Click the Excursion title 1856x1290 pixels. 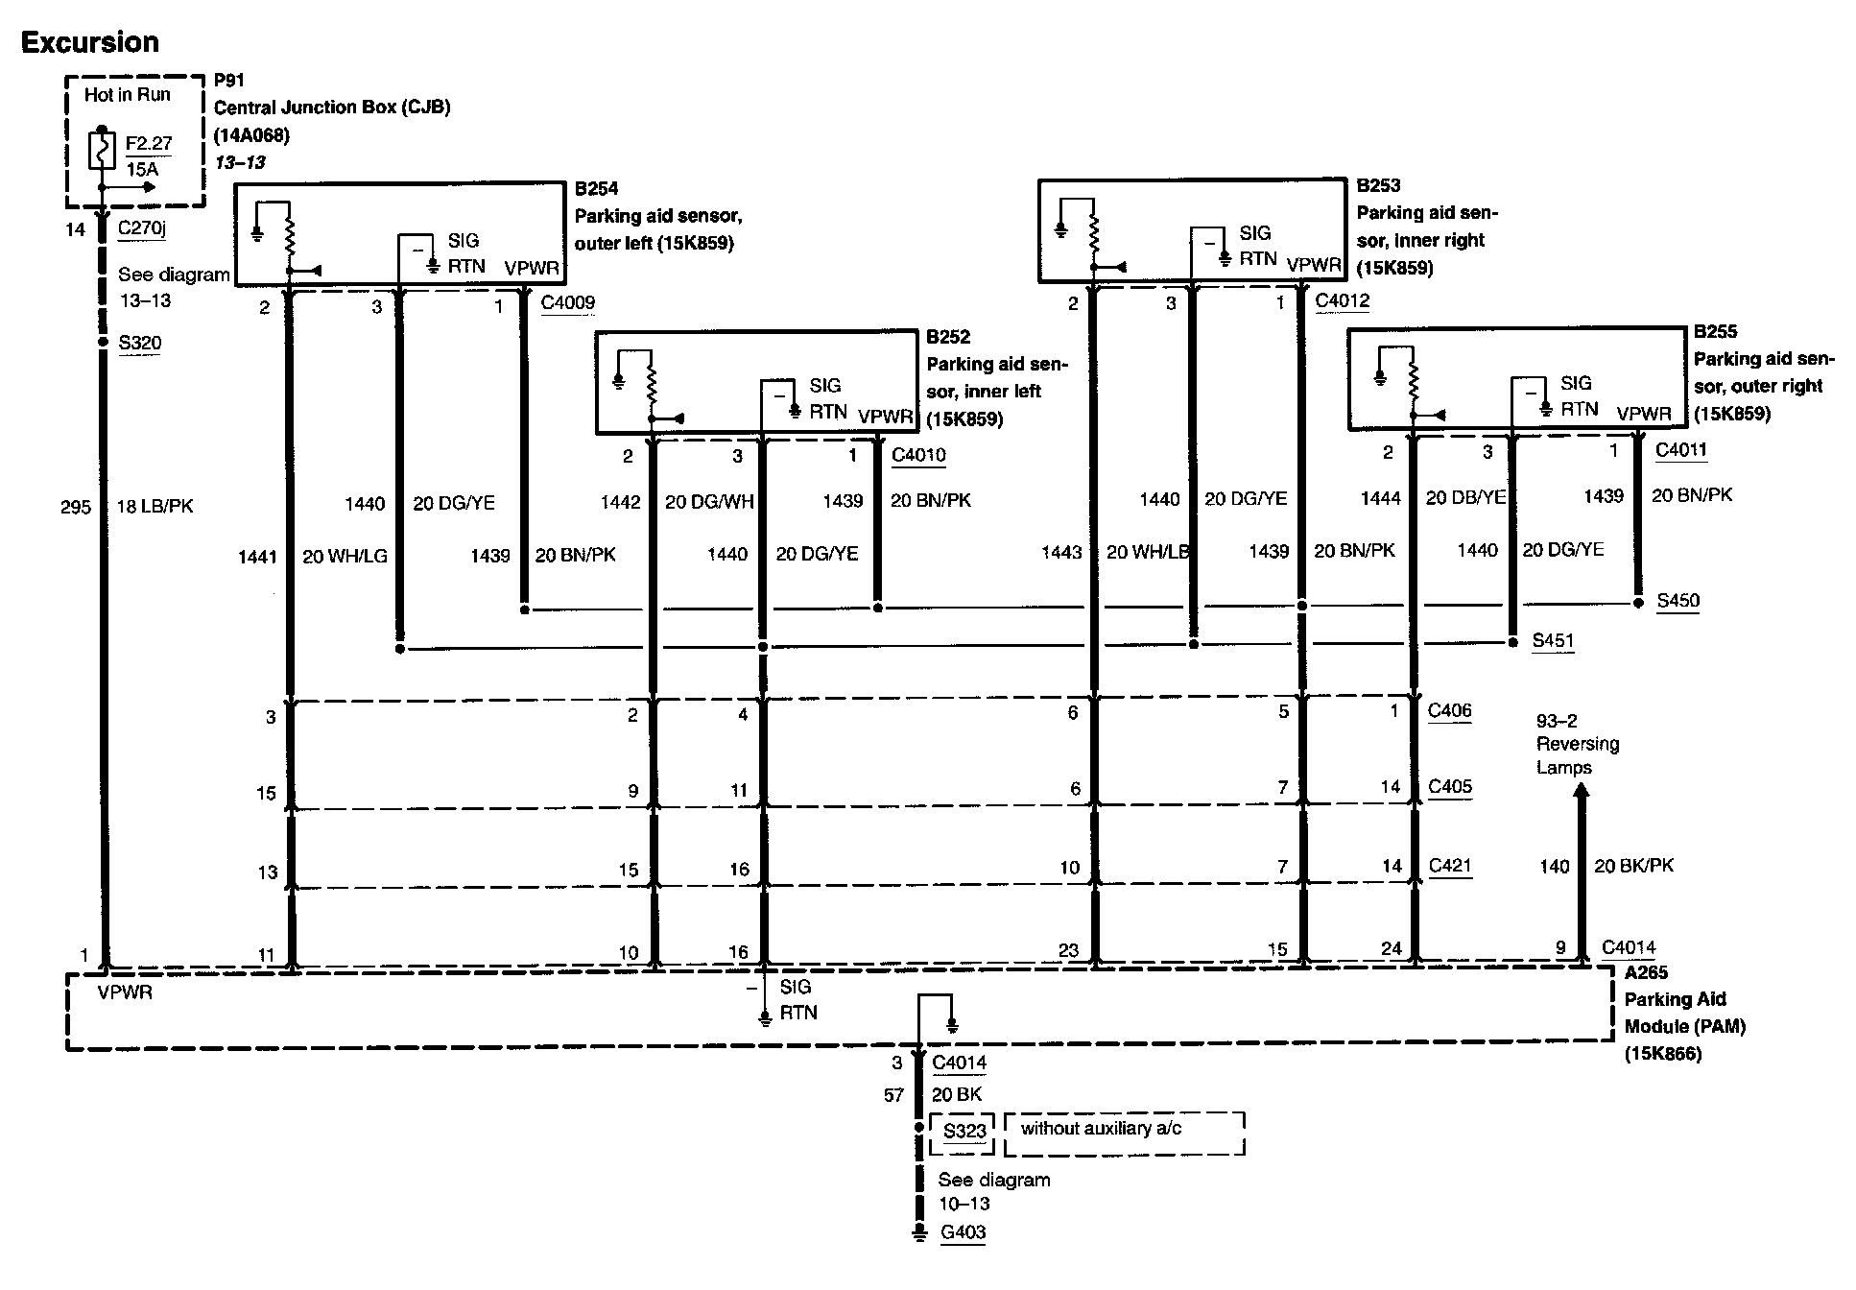[x=90, y=42]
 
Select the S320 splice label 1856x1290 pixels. [x=139, y=343]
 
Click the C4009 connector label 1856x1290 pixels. [x=567, y=303]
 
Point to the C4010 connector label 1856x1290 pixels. [x=918, y=454]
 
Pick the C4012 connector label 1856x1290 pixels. [x=1342, y=300]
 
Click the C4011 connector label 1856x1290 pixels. [x=1681, y=449]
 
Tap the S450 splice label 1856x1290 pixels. [x=1678, y=601]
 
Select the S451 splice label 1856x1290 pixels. [x=1552, y=640]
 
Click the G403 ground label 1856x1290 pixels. [x=963, y=1232]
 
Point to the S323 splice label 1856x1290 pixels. [x=964, y=1131]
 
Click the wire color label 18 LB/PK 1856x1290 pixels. [x=155, y=506]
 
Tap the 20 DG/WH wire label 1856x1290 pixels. [x=709, y=501]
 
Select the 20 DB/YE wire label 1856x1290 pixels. [x=1465, y=497]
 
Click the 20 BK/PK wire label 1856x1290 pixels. [x=1633, y=866]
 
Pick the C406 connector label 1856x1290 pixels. [x=1449, y=710]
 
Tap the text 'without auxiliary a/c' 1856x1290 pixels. [x=1101, y=1129]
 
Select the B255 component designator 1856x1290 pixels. [x=1715, y=332]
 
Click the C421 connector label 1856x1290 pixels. [x=1449, y=866]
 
